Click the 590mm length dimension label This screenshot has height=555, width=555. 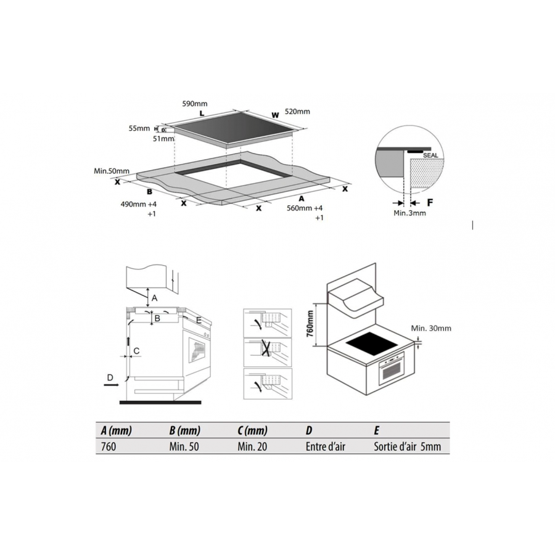point(195,104)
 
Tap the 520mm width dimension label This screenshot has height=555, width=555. point(297,112)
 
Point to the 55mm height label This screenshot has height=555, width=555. point(139,128)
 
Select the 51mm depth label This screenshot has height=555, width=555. point(163,138)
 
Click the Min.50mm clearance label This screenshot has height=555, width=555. point(112,171)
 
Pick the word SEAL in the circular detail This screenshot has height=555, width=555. point(430,155)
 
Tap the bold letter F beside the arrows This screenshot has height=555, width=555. point(430,203)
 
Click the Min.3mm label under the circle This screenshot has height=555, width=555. point(409,213)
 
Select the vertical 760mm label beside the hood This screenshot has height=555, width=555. point(310,324)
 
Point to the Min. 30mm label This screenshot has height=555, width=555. point(431,328)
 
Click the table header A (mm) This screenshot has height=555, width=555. point(116,430)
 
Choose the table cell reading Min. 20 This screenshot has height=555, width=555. point(252,446)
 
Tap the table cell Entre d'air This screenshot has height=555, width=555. point(325,446)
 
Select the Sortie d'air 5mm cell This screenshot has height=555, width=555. point(408,446)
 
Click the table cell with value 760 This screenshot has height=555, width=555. point(109,446)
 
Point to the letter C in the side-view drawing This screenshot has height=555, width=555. point(136,351)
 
